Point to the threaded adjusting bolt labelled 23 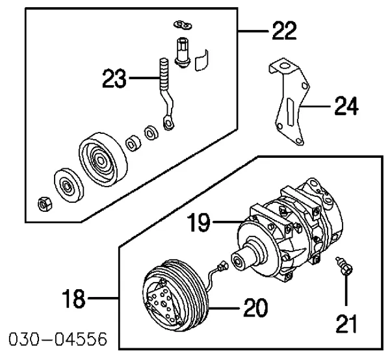tap(166, 91)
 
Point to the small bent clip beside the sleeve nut tap(203, 58)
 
